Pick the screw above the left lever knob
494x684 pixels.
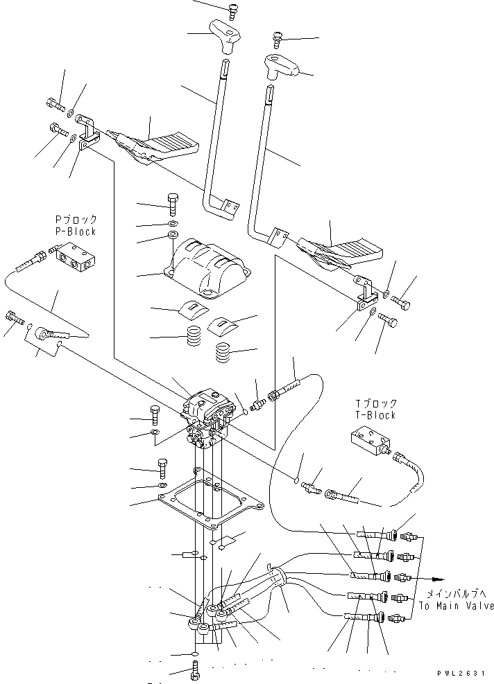[x=232, y=10]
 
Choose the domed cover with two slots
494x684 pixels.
[x=207, y=264]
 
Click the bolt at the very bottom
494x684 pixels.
[x=194, y=671]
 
